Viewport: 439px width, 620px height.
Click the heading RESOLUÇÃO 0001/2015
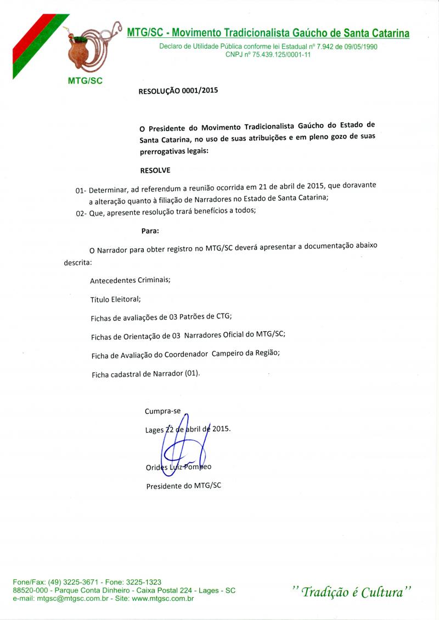coord(179,92)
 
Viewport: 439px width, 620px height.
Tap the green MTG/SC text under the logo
coord(85,80)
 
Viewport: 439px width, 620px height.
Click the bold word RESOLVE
coord(155,170)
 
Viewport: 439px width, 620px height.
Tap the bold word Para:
coord(150,231)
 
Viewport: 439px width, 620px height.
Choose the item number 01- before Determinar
coord(82,190)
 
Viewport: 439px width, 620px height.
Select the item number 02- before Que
coord(82,212)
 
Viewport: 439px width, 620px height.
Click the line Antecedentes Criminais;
coord(130,280)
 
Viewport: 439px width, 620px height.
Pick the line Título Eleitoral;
coord(115,299)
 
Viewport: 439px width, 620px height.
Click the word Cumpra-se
coord(162,411)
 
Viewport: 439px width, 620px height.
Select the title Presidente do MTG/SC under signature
coord(183,486)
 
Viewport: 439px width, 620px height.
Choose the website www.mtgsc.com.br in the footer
coord(162,599)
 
